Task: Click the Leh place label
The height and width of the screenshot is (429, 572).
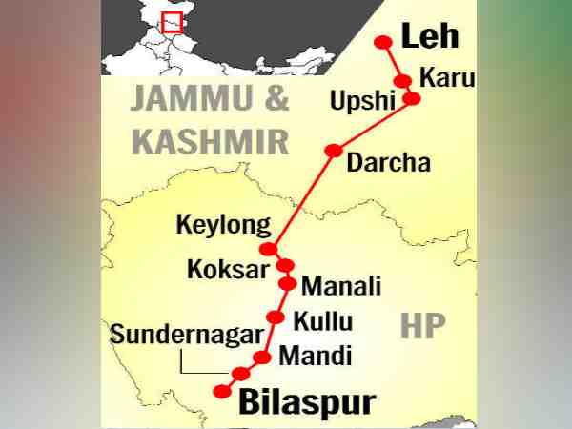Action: pyautogui.click(x=430, y=37)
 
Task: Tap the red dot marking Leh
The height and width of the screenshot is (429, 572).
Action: pyautogui.click(x=383, y=42)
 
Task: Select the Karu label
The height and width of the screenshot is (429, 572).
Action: pyautogui.click(x=445, y=78)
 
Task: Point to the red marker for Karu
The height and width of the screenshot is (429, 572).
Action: pyautogui.click(x=403, y=81)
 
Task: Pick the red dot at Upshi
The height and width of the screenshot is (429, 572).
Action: pyautogui.click(x=412, y=98)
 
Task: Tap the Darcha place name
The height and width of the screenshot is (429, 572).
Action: pyautogui.click(x=388, y=162)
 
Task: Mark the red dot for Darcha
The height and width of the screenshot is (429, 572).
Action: pyautogui.click(x=334, y=151)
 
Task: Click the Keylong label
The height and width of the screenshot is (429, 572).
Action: pyautogui.click(x=224, y=226)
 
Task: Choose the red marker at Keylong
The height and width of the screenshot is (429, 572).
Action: pyautogui.click(x=269, y=249)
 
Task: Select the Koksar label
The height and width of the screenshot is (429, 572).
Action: pyautogui.click(x=228, y=269)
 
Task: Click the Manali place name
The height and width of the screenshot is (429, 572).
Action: pyautogui.click(x=341, y=285)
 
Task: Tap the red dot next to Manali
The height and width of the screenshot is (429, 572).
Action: pyautogui.click(x=287, y=282)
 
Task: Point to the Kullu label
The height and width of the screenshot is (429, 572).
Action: pyautogui.click(x=322, y=320)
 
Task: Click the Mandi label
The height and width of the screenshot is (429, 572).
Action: pyautogui.click(x=316, y=357)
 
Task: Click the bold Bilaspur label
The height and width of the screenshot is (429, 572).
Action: pyautogui.click(x=306, y=401)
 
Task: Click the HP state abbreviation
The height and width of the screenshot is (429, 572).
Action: pyautogui.click(x=423, y=326)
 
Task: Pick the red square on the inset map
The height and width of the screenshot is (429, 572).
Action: pyautogui.click(x=172, y=22)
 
